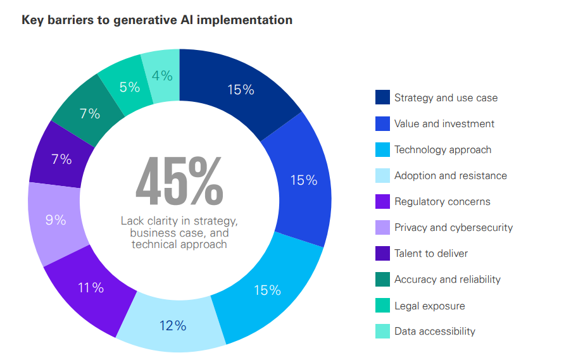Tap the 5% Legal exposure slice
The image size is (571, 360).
click(x=130, y=87)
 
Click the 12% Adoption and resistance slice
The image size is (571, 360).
click(x=172, y=325)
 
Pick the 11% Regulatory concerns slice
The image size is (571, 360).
click(x=91, y=288)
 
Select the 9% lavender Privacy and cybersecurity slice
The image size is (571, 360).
click(x=56, y=220)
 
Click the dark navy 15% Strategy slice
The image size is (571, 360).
click(x=241, y=90)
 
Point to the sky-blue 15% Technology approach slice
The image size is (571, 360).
click(x=267, y=290)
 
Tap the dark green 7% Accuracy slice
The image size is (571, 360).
click(x=90, y=114)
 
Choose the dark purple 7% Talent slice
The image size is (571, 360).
click(x=61, y=159)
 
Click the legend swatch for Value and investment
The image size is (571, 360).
click(x=382, y=123)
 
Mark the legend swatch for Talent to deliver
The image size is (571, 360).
click(x=382, y=253)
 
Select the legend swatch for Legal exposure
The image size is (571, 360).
click(x=382, y=306)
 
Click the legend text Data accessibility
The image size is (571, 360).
click(x=434, y=331)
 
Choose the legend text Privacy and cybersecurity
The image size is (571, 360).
click(x=453, y=227)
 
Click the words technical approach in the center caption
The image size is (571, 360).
click(x=179, y=244)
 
